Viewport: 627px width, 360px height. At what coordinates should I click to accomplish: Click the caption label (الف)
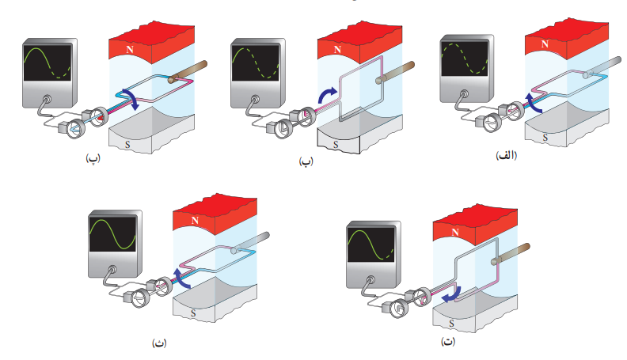tap(506, 155)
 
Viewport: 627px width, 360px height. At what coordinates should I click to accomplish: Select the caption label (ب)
tap(306, 161)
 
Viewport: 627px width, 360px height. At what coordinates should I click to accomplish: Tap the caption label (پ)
tap(93, 158)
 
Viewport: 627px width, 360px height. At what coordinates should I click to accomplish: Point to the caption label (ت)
tap(448, 341)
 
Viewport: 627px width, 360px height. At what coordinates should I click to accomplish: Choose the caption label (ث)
tap(159, 343)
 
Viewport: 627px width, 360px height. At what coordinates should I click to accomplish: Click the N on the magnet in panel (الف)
tap(545, 44)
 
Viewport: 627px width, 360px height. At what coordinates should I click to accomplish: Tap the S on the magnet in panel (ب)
tap(336, 145)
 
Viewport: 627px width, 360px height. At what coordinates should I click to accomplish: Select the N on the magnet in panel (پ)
tap(130, 50)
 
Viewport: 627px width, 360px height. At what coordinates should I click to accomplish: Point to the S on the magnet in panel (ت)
tap(451, 324)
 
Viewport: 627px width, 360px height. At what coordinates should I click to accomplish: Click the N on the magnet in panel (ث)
tap(195, 220)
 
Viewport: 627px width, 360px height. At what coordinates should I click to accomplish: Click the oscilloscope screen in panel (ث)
tap(112, 234)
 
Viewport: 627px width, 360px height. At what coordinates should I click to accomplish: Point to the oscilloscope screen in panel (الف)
tap(465, 59)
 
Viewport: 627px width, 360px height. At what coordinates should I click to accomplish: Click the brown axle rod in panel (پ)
tap(188, 72)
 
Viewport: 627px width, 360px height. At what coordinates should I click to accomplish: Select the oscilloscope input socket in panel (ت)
tap(370, 280)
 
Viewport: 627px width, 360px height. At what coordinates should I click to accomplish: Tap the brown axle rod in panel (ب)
tap(395, 73)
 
